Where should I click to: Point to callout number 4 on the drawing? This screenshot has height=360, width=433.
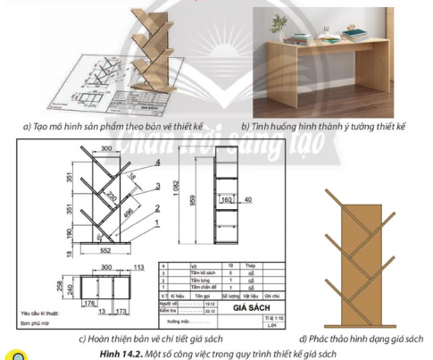tap(156, 163)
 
